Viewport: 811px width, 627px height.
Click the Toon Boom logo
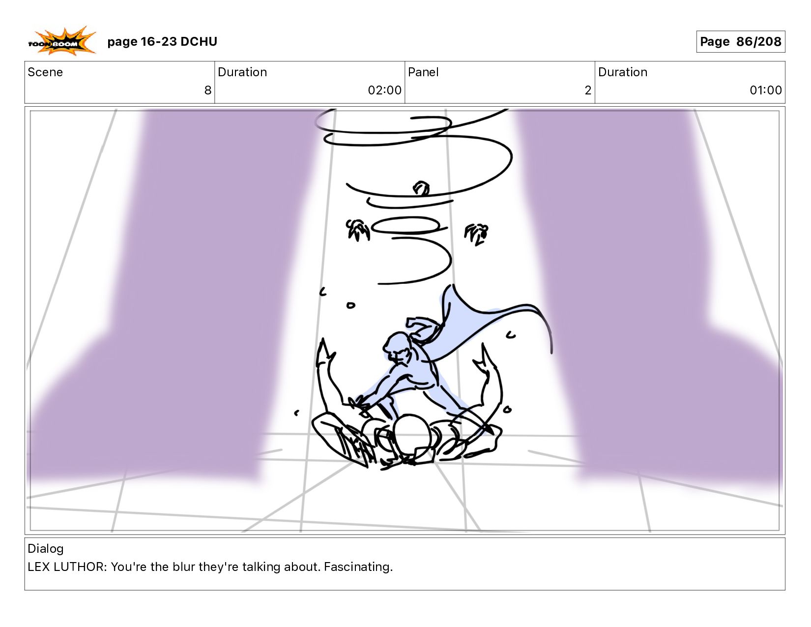(x=62, y=41)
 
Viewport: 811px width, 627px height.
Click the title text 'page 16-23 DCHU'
(x=162, y=41)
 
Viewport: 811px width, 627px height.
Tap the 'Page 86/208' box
(x=740, y=41)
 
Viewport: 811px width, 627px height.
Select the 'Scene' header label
(x=45, y=72)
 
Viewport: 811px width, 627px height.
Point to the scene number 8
(x=208, y=90)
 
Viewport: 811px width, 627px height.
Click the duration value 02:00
(x=384, y=90)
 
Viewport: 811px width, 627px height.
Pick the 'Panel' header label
(x=423, y=72)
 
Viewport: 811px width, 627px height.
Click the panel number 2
(x=588, y=90)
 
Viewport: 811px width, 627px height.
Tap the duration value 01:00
(x=765, y=90)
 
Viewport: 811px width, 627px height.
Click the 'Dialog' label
(x=46, y=549)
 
